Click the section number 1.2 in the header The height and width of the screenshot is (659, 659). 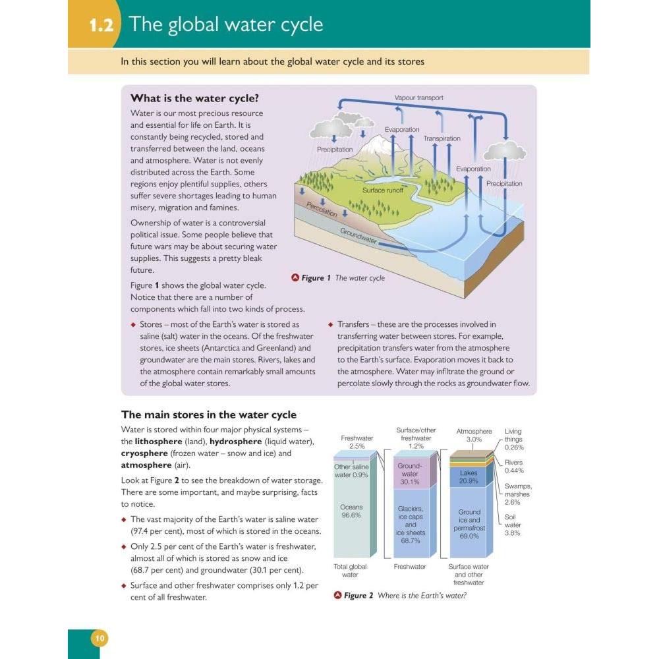pos(101,25)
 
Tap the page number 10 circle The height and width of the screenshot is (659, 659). pos(100,639)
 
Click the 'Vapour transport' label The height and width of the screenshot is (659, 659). pos(418,98)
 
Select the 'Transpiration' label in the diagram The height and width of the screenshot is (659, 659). pos(442,138)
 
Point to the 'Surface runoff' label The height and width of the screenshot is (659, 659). pos(382,190)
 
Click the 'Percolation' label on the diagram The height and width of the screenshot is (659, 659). pos(322,209)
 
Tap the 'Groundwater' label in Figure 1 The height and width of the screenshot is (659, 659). pos(358,236)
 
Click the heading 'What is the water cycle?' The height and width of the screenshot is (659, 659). pos(194,98)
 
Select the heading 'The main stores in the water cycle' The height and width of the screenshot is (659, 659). pos(209,415)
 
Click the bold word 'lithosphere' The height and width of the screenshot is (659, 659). pos(158,442)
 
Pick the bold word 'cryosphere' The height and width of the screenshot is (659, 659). pos(144,453)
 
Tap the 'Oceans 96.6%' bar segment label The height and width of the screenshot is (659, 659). pos(351,511)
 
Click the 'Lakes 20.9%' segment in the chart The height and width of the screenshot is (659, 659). pos(469,477)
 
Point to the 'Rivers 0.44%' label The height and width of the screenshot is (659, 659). pos(513,467)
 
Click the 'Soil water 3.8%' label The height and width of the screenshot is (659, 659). pos(512,525)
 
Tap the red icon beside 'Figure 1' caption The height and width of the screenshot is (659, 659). pos(295,277)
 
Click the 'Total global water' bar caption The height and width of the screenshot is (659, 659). pos(350,571)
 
